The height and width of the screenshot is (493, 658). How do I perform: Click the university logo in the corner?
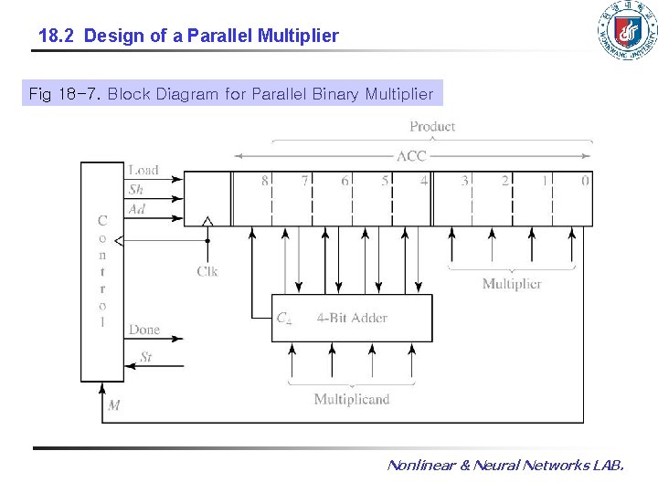[626, 31]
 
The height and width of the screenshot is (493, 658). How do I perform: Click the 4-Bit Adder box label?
[352, 319]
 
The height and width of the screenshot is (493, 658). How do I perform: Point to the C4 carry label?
[284, 319]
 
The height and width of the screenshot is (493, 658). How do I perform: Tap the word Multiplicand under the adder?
[352, 399]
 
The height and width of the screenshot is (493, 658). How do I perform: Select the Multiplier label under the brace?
[512, 284]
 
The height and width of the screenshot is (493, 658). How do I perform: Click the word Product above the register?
[432, 126]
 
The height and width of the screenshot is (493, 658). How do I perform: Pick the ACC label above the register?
[411, 155]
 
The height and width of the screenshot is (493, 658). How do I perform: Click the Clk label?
[207, 271]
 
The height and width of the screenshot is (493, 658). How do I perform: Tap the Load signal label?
[143, 170]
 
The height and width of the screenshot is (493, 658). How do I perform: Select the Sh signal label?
[136, 190]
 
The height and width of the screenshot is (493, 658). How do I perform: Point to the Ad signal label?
[136, 209]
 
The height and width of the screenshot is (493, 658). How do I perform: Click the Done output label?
[144, 330]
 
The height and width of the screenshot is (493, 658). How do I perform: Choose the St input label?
[146, 357]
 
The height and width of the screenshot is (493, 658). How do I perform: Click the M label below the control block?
[114, 405]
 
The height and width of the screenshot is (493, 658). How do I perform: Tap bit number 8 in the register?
[265, 181]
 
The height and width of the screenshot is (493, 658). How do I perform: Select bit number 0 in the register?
[585, 181]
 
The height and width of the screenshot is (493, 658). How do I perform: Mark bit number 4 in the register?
[424, 181]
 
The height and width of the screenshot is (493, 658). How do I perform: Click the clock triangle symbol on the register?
[207, 221]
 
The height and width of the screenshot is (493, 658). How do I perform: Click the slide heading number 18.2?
[58, 37]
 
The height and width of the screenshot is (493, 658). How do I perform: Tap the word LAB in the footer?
[608, 466]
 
